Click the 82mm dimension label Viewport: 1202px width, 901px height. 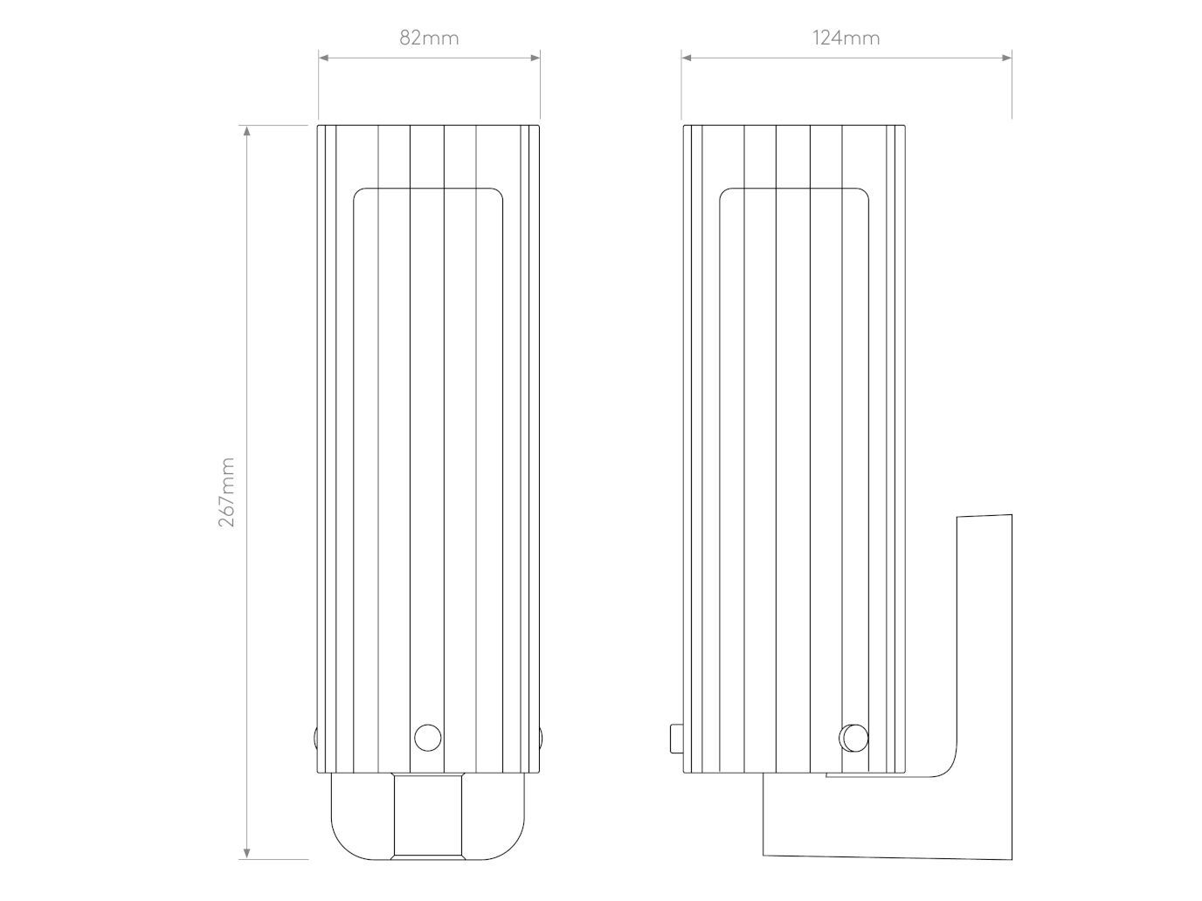(429, 38)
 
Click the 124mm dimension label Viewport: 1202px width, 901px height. (846, 38)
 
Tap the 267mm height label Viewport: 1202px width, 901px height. (227, 492)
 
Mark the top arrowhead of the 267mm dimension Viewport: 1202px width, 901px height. (247, 131)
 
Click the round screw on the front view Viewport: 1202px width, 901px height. (427, 738)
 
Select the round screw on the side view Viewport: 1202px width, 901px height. (853, 738)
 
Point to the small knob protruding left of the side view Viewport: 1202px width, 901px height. (674, 738)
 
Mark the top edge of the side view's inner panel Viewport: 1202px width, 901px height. (793, 188)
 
